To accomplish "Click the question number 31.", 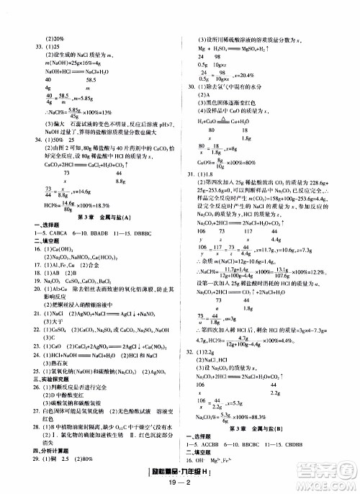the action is point(192,174).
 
